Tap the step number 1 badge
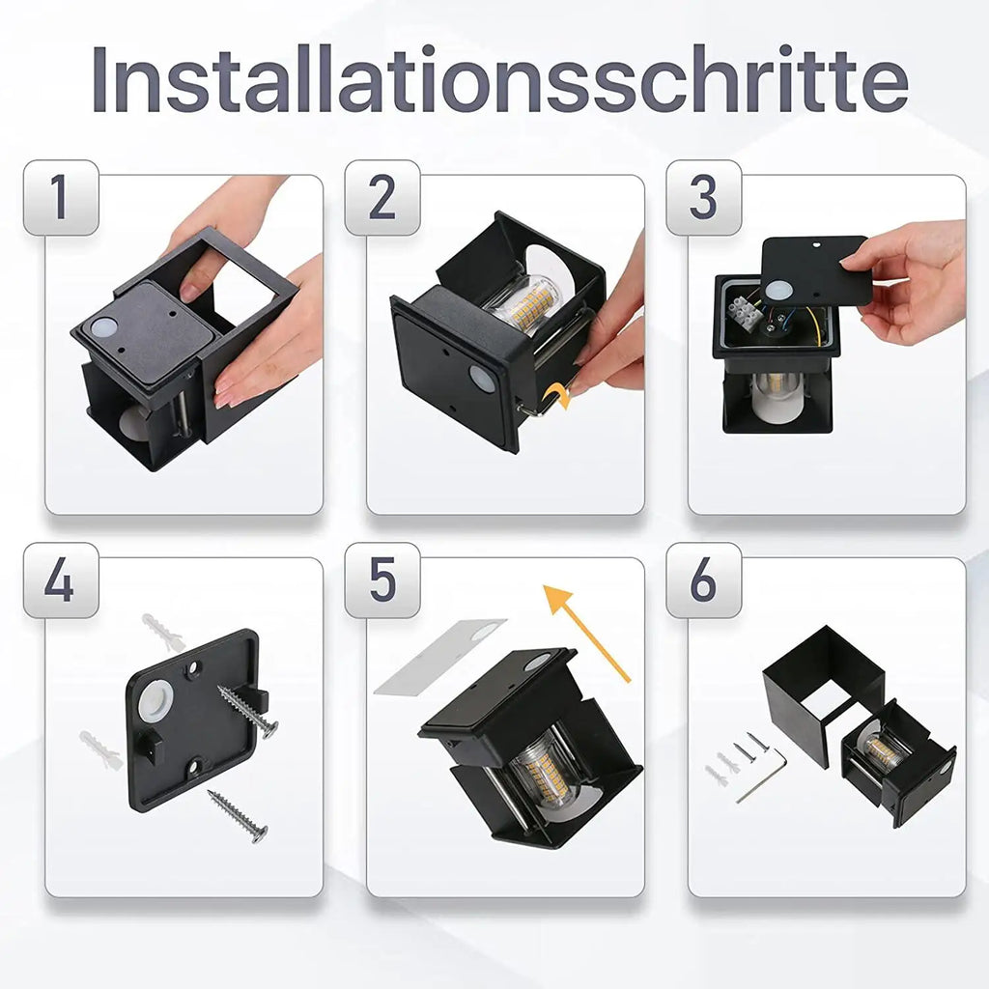[60, 198]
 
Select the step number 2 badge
[382, 198]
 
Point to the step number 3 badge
[703, 198]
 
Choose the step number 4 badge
[60, 580]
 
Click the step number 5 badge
[382, 580]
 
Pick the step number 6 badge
[703, 580]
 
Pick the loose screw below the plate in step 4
[238, 816]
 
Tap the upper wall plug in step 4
[162, 632]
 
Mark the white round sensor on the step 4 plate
[154, 702]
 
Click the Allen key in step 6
[763, 777]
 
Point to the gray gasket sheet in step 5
[439, 656]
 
